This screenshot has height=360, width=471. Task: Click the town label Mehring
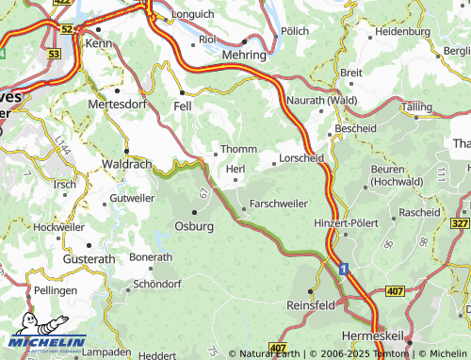click(x=243, y=56)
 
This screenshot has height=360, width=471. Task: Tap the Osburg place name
click(x=194, y=226)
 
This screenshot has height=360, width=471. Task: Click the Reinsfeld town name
click(x=310, y=306)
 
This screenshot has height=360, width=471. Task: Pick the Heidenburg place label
click(x=402, y=31)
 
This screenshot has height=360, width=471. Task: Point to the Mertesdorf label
click(x=119, y=104)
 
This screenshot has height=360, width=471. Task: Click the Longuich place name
click(x=195, y=15)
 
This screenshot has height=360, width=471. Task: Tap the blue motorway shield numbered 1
click(x=344, y=270)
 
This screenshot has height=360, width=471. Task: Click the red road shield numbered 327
click(x=459, y=222)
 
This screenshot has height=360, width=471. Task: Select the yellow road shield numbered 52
click(x=66, y=30)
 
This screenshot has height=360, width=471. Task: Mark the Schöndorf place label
click(x=156, y=284)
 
